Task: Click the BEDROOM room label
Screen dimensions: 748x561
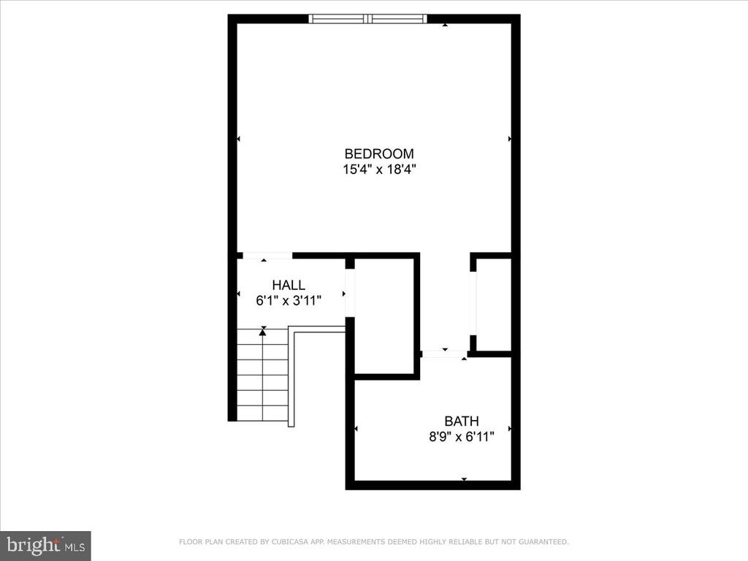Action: (379, 153)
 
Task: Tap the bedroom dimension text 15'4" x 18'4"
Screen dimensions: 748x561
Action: (379, 169)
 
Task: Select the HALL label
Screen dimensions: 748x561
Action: (289, 286)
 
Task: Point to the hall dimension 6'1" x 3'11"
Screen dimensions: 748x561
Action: (289, 300)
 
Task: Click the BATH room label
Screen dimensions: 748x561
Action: (462, 421)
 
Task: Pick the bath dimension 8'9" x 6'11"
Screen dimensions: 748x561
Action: (462, 437)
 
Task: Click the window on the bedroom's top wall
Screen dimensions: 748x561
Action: (367, 18)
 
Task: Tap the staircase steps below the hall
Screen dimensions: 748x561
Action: (262, 375)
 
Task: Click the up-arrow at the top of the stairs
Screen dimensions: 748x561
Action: (262, 332)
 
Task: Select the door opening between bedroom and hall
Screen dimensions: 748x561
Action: (267, 256)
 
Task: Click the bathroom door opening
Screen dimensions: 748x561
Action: (445, 354)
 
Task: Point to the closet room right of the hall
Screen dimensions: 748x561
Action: (384, 316)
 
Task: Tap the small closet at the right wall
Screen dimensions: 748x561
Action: (494, 305)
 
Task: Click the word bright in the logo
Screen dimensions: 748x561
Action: (34, 545)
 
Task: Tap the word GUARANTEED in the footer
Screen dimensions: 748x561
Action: (543, 542)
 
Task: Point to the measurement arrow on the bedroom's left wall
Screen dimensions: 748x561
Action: (239, 139)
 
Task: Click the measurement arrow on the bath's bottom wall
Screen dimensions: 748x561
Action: (464, 479)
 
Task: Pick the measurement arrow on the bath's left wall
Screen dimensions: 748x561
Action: (356, 429)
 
